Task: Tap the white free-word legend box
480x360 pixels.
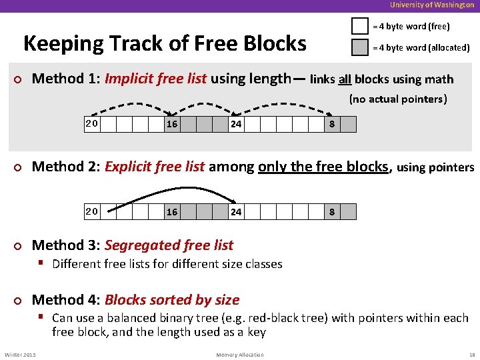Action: (x=360, y=27)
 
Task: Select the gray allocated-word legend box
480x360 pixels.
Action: (x=360, y=48)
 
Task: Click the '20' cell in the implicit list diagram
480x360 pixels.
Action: (x=92, y=124)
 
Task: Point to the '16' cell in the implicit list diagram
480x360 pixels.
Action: (x=172, y=125)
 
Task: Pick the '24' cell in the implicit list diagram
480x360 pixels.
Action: (x=236, y=125)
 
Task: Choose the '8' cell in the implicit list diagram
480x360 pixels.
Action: (x=332, y=125)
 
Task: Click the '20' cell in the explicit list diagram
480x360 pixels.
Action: (x=92, y=211)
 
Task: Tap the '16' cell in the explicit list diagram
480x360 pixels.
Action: (x=172, y=212)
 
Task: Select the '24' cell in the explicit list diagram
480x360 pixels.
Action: (x=236, y=212)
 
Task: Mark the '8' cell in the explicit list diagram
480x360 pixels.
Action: (x=332, y=212)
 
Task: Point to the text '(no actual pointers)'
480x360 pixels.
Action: (x=397, y=99)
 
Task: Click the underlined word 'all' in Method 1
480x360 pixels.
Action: (x=344, y=80)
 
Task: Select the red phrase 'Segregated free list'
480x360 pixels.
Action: (x=169, y=245)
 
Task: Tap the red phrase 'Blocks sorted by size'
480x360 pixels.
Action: (x=171, y=300)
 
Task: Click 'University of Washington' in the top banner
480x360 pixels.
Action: (x=432, y=5)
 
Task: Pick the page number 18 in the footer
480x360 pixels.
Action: (x=471, y=355)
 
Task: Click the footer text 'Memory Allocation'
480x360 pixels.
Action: (x=240, y=355)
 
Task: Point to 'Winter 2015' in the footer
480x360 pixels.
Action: (x=20, y=355)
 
